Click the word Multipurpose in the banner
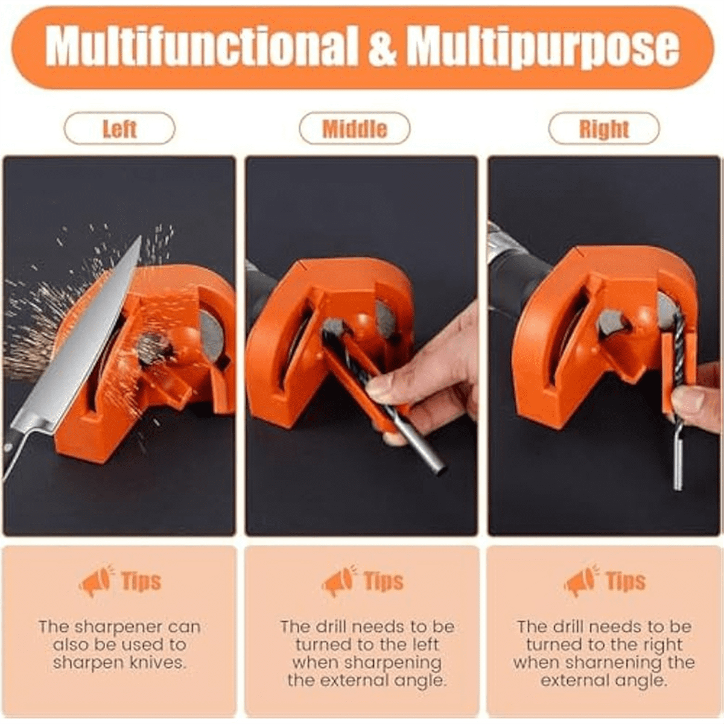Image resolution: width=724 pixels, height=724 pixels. coord(542,46)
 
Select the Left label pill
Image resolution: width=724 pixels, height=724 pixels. coord(119,129)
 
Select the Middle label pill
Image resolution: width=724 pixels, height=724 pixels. coord(355,129)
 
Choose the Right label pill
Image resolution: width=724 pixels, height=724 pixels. coord(603,129)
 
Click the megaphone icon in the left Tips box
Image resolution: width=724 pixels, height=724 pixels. coord(96,581)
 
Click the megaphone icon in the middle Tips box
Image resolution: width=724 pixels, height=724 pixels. coord(338,581)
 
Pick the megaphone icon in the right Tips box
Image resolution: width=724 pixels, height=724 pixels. coord(581,581)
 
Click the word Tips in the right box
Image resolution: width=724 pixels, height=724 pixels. coord(626,582)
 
